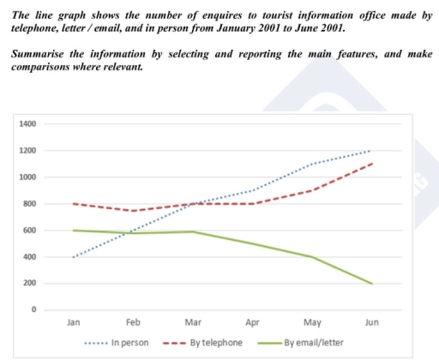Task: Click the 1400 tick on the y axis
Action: click(x=27, y=124)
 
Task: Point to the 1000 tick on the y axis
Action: click(x=27, y=177)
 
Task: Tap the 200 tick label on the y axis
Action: click(x=29, y=284)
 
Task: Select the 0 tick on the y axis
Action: click(x=33, y=310)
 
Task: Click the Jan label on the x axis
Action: click(x=74, y=323)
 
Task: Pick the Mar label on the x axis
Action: click(x=193, y=323)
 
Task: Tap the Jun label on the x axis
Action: click(x=371, y=323)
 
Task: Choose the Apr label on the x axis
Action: click(x=252, y=323)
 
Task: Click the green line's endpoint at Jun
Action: click(x=371, y=284)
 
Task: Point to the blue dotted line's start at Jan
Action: click(x=74, y=257)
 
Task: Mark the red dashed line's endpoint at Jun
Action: click(x=371, y=164)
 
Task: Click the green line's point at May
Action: click(x=312, y=257)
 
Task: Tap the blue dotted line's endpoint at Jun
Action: click(x=371, y=151)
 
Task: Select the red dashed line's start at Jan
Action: click(x=74, y=204)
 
